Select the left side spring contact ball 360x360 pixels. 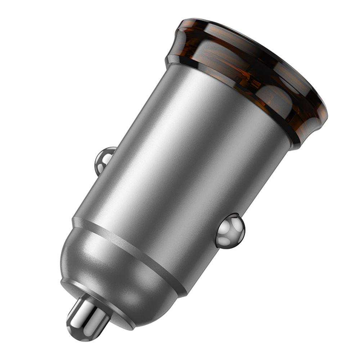click(x=103, y=160)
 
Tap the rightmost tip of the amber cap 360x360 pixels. click(x=326, y=115)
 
